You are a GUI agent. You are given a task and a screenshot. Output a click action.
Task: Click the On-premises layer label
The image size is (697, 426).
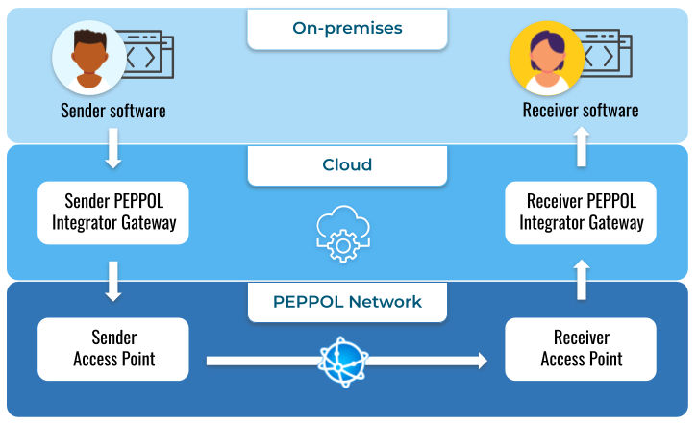click(347, 28)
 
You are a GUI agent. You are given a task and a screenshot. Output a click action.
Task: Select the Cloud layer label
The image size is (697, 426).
click(347, 164)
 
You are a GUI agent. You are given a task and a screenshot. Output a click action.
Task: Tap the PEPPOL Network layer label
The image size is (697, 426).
click(347, 301)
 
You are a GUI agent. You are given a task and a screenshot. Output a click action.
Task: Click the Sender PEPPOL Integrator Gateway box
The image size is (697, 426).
click(113, 213)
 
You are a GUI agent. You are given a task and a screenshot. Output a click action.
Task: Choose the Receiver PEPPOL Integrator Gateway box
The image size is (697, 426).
click(581, 213)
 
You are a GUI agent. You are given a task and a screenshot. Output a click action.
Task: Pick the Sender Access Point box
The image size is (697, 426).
click(113, 349)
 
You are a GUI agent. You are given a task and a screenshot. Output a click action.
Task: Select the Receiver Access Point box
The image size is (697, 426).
click(581, 349)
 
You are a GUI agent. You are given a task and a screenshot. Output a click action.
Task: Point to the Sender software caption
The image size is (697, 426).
click(113, 111)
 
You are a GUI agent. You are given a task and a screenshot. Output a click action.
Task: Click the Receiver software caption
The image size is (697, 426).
click(581, 111)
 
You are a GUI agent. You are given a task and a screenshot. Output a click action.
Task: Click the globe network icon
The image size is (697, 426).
click(343, 361)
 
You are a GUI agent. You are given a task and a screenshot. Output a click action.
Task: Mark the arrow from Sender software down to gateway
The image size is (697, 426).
click(113, 147)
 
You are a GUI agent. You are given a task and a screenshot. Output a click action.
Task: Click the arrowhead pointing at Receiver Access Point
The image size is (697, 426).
click(478, 361)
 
